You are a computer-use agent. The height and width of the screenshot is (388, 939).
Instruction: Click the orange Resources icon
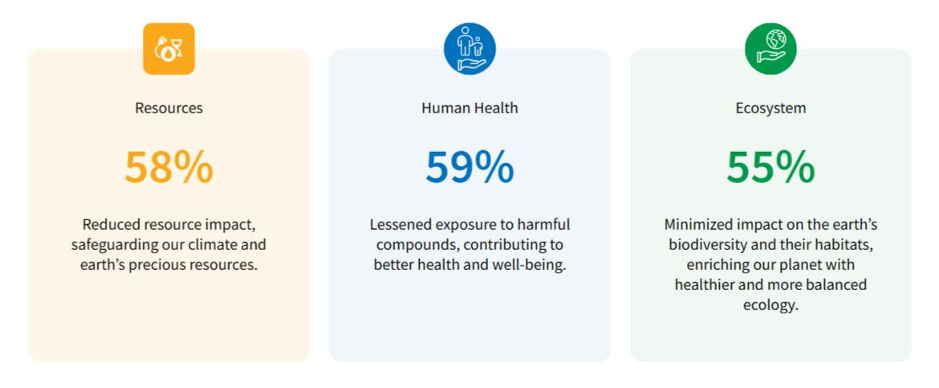point(169,48)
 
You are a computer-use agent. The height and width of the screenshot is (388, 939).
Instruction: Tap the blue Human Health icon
point(469,48)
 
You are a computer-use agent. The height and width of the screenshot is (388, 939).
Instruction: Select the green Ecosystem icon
point(770,48)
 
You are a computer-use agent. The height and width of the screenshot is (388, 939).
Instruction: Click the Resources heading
point(169,108)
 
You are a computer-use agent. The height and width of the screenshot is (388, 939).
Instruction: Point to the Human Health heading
point(469,108)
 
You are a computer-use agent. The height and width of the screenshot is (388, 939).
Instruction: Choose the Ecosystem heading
point(770,108)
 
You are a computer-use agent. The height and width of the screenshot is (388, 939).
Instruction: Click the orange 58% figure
point(169,167)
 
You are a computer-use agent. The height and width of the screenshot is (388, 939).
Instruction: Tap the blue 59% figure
point(469,167)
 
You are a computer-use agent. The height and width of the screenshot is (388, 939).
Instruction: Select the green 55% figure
point(770,167)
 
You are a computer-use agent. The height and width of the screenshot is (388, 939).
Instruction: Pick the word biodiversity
point(705,245)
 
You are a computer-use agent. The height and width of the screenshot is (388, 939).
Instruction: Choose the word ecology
point(770,304)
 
